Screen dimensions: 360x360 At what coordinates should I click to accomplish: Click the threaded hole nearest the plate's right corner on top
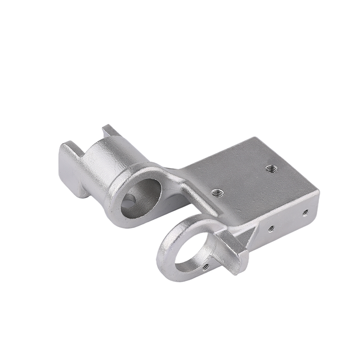pyautogui.click(x=270, y=169)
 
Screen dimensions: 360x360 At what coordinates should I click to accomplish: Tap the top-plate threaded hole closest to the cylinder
pyautogui.click(x=218, y=193)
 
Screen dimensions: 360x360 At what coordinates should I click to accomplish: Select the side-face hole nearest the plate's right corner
pyautogui.click(x=305, y=211)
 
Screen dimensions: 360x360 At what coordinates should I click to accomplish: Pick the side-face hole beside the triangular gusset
pyautogui.click(x=271, y=229)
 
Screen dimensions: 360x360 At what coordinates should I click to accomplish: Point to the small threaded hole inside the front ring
pyautogui.click(x=206, y=266)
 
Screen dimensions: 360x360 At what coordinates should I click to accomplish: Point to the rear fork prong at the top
pyautogui.click(x=110, y=131)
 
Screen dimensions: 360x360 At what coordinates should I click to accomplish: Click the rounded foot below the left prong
pyautogui.click(x=81, y=191)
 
